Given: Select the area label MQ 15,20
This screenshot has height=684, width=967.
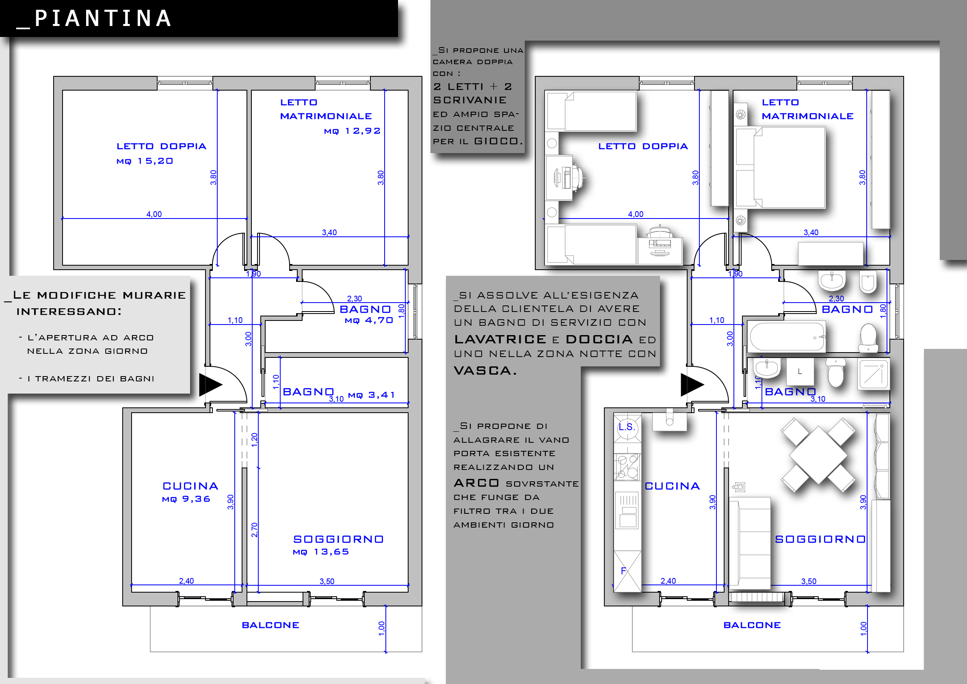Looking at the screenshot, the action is click(x=145, y=161).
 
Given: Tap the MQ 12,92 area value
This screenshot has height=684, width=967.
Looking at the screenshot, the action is click(x=353, y=131).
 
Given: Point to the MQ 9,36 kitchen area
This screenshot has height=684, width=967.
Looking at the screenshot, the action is click(x=186, y=499).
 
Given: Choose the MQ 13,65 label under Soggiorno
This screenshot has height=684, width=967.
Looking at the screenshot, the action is click(x=321, y=552).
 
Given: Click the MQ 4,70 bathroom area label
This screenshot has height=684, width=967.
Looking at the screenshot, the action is click(x=369, y=320).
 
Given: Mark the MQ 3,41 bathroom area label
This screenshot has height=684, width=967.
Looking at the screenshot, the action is click(x=372, y=395).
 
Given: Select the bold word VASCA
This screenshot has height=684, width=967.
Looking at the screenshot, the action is click(x=485, y=371).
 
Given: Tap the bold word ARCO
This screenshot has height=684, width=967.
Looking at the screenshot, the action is click(x=476, y=483).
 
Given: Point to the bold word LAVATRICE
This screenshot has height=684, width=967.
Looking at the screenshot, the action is click(x=500, y=339).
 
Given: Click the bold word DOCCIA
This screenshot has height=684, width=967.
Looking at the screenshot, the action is click(x=599, y=339).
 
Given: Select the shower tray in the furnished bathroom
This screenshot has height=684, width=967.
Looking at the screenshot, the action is click(x=874, y=374).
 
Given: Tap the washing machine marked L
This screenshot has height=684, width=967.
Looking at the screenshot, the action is click(x=800, y=372).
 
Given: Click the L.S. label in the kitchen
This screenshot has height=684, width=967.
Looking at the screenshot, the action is click(x=626, y=426).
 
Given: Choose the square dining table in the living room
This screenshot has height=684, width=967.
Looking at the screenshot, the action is click(x=818, y=455).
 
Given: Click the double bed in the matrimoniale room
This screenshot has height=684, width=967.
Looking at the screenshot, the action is click(x=781, y=167).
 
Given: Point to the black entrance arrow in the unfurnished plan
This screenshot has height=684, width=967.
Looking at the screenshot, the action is click(x=210, y=384).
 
